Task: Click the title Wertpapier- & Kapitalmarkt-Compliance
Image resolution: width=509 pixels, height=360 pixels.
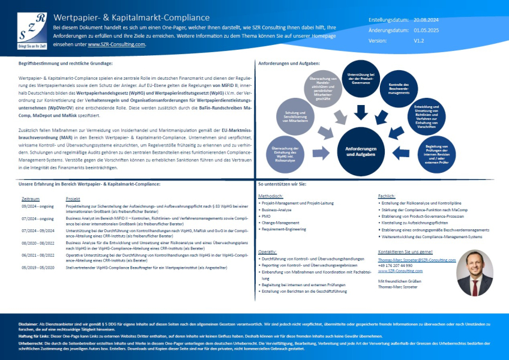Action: tap(131, 17)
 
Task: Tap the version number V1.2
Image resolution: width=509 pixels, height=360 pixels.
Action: tap(419, 40)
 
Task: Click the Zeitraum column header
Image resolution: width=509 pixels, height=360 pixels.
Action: tap(30, 198)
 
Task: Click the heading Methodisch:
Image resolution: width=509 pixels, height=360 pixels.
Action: tap(271, 196)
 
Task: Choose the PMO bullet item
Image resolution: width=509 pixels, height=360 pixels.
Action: tap(265, 216)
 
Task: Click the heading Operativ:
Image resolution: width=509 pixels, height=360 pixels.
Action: tap(268, 251)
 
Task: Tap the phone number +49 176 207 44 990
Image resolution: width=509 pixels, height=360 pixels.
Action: tap(396, 265)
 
